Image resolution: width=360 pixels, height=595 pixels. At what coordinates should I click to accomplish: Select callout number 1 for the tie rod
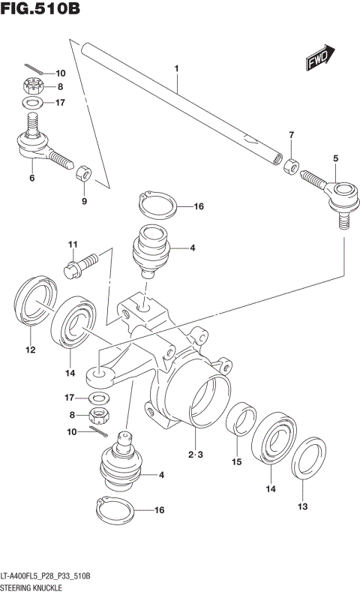(x=177, y=69)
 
